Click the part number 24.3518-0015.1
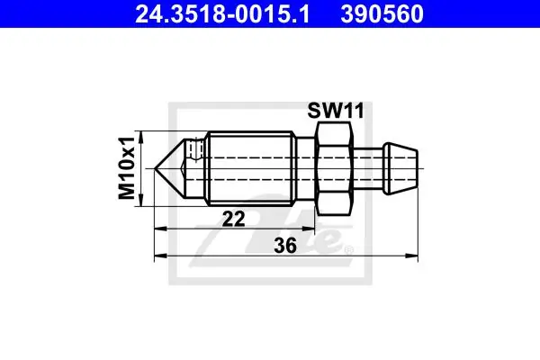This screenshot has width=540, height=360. click(x=222, y=13)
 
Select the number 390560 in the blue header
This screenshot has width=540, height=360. click(x=382, y=13)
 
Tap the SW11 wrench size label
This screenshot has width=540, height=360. click(x=336, y=111)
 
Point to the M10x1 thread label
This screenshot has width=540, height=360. click(x=126, y=168)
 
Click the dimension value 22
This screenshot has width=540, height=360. click(x=233, y=219)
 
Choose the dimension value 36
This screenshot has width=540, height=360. click(x=285, y=246)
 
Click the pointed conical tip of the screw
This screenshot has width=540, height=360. click(x=169, y=168)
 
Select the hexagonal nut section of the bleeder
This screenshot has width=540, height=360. click(x=335, y=168)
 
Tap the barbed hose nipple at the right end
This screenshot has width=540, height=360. click(x=400, y=168)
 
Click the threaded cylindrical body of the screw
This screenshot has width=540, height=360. click(x=251, y=168)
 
